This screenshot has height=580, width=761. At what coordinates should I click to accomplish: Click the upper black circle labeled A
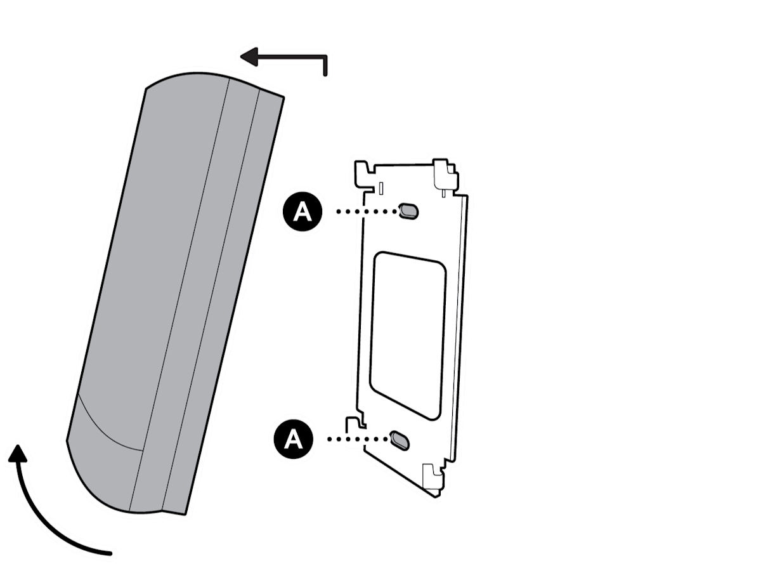click(x=302, y=211)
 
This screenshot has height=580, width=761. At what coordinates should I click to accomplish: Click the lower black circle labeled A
click(x=294, y=439)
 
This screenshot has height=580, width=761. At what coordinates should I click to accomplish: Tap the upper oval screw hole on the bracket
click(x=408, y=211)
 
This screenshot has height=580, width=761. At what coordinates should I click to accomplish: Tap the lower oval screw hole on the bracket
click(x=400, y=440)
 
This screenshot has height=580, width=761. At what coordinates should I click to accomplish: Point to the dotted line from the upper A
click(x=367, y=211)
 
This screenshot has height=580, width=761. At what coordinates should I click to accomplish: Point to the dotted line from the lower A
click(x=358, y=439)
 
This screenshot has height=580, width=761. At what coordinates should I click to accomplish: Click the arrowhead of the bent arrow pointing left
click(x=249, y=57)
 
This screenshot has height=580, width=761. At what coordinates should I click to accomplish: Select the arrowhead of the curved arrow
click(x=18, y=454)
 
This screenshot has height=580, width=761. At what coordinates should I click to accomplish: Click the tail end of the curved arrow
click(x=110, y=553)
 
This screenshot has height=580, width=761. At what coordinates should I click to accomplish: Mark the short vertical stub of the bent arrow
click(x=325, y=65)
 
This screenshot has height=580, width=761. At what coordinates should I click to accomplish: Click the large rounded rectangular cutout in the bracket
click(x=408, y=336)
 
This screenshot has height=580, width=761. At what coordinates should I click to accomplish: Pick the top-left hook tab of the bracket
click(x=363, y=174)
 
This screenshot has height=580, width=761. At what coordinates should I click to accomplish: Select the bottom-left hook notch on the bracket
click(x=355, y=423)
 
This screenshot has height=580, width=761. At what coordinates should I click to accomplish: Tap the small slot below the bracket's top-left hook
click(x=381, y=188)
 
